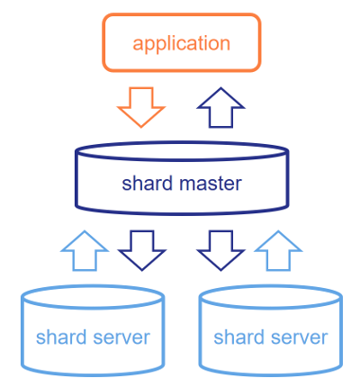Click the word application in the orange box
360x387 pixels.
coord(182,44)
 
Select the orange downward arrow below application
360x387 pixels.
coord(141,107)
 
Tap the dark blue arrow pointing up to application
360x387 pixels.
coord(220,107)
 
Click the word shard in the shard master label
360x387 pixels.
coord(148,183)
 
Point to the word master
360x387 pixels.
coord(211,183)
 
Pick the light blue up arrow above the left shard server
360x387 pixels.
coord(85,251)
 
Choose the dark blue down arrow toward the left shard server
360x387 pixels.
coord(141,251)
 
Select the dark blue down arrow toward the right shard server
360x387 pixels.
coord(220,251)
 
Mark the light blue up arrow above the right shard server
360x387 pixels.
coord(278,251)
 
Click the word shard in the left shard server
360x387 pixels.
coord(61,337)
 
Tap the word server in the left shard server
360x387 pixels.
coord(121,337)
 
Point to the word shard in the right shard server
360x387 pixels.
coord(239,337)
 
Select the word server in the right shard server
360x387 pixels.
coord(299,337)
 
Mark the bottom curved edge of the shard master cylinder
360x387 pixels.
coord(182,212)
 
